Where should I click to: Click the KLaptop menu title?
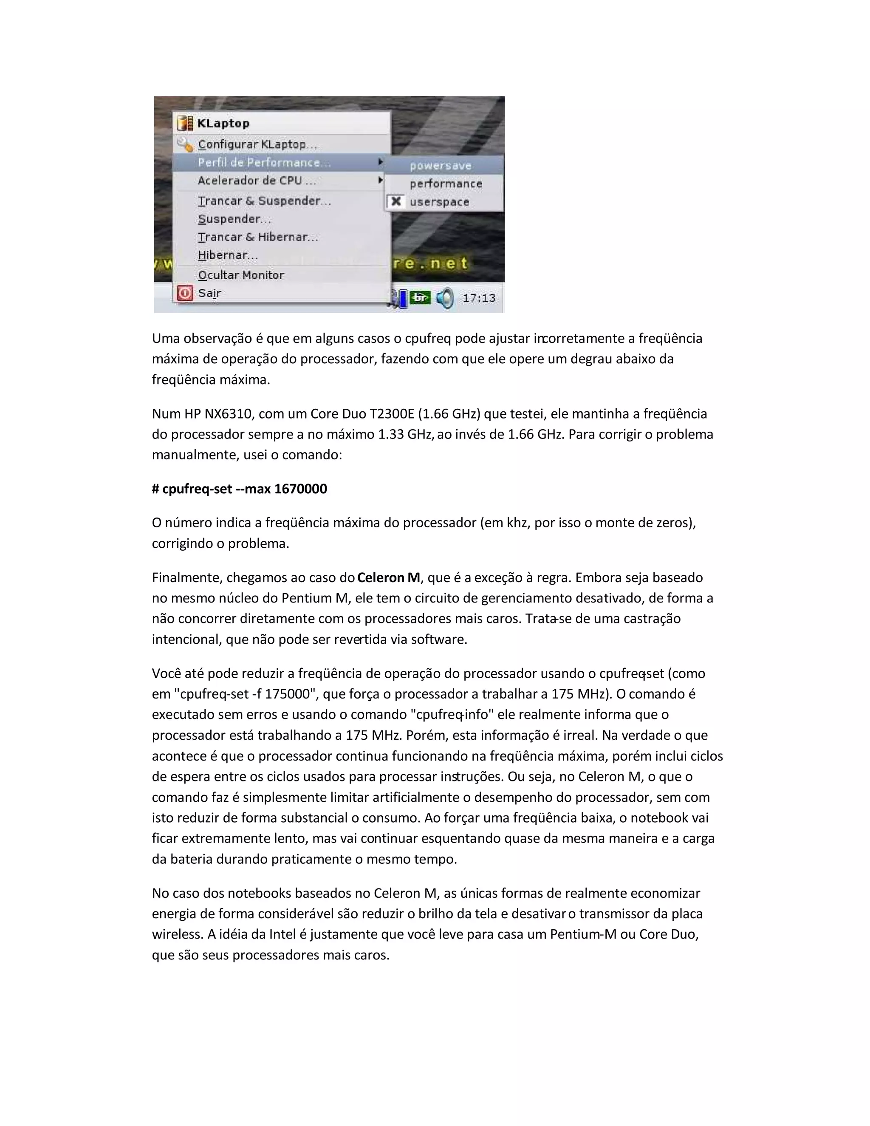[223, 124]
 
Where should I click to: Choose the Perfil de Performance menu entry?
[264, 163]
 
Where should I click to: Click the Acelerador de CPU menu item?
[257, 181]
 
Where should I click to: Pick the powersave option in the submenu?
[440, 166]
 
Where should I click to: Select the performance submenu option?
[445, 184]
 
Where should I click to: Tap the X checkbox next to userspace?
[396, 201]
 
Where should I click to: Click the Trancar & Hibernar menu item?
[258, 237]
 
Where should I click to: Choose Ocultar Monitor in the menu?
[241, 275]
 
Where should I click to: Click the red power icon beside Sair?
[184, 293]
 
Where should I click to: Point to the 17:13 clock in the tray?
[478, 298]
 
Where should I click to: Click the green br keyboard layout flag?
[421, 298]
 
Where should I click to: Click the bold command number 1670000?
[300, 489]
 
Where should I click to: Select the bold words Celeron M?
[389, 577]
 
